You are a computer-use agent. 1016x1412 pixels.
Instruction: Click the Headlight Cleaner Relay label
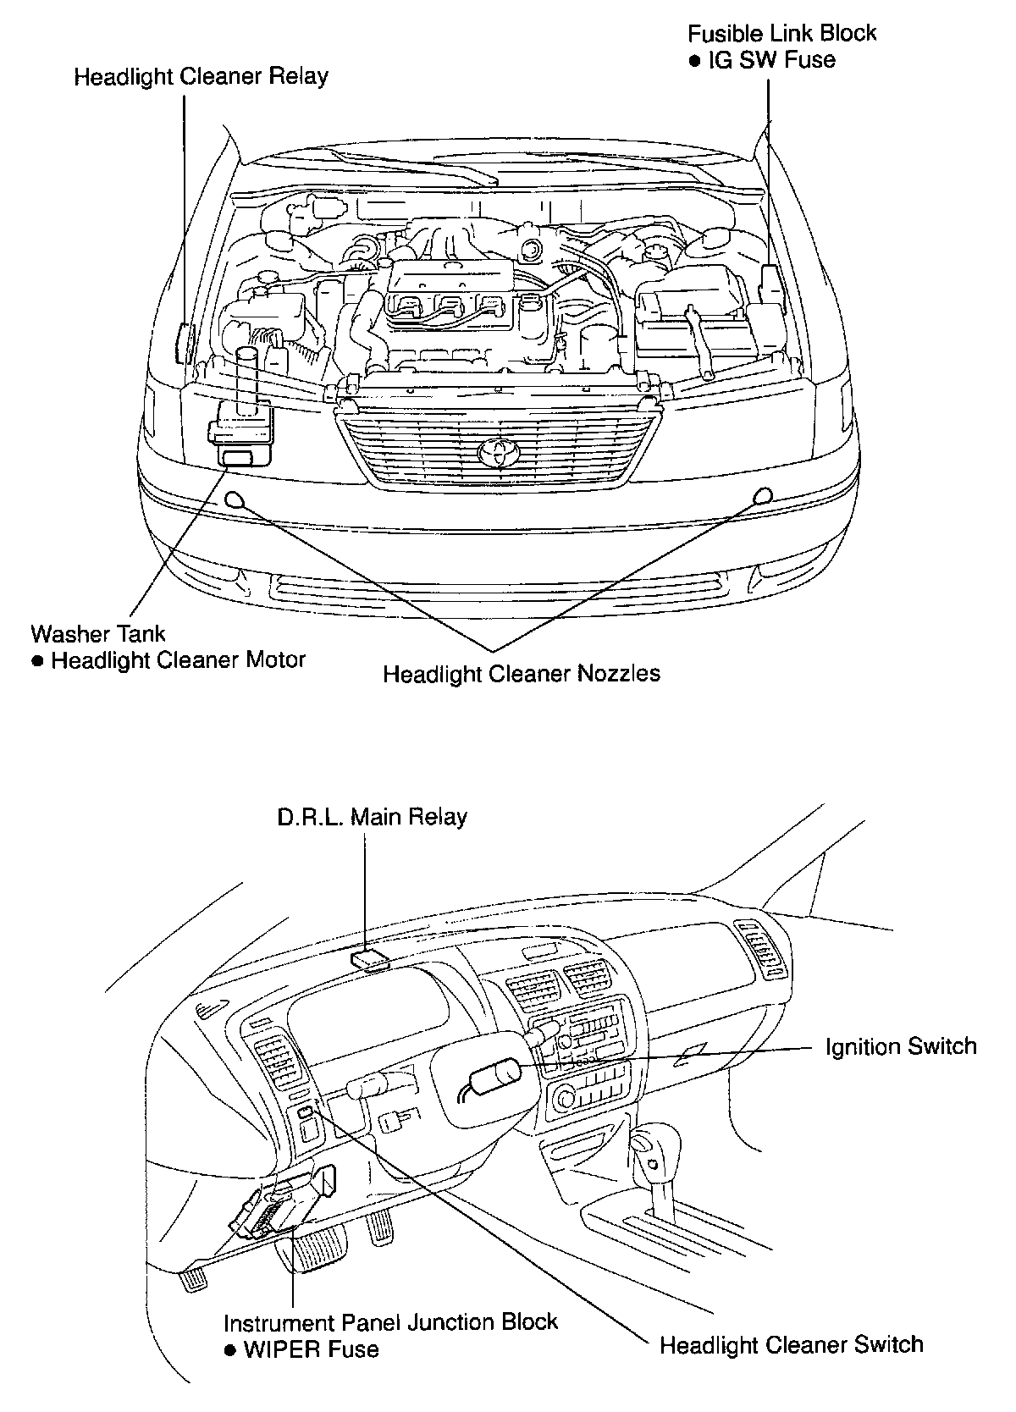coord(201,77)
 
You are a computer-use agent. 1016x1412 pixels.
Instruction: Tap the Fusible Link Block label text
coord(781,34)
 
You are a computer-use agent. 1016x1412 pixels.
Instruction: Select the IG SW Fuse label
coord(771,60)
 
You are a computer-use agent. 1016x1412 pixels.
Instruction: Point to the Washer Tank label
coord(98,633)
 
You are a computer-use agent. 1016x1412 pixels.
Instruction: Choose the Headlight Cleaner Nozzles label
coord(521,674)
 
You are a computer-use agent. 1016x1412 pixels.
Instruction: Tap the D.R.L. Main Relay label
coord(372,817)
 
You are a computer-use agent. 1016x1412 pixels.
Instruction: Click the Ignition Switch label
coord(901,1047)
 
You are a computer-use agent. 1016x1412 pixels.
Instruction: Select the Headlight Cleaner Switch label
coord(791,1344)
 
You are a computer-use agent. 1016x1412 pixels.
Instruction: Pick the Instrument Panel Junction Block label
coord(390,1322)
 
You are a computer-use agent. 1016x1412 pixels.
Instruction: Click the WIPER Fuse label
coord(311,1349)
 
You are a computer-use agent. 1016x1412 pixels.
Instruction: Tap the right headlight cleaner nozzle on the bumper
coord(763,496)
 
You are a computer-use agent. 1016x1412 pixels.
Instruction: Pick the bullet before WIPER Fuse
coord(229,1351)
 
